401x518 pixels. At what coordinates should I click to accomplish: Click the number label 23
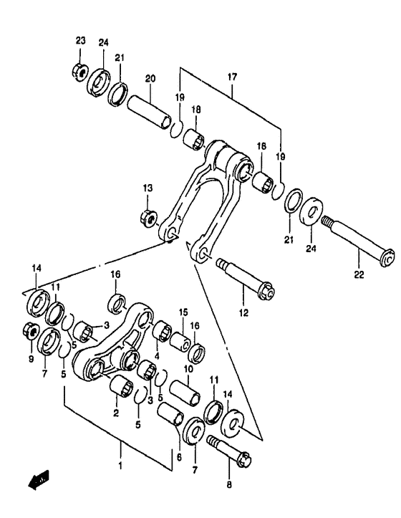[x=80, y=41]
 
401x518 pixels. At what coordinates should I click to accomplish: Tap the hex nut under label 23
[x=79, y=72]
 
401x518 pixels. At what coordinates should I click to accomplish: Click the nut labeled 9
[x=32, y=330]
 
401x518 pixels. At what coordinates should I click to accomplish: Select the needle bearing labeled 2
[x=120, y=388]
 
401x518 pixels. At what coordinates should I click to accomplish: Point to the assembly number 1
[x=120, y=466]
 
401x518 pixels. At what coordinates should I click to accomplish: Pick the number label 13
[x=148, y=188]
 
